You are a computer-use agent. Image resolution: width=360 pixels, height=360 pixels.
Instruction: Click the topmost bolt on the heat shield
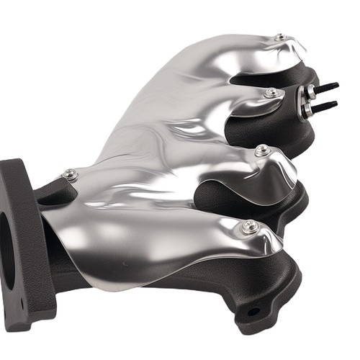[x=279, y=37]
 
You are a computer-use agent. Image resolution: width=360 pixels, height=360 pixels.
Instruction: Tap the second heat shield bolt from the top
[x=271, y=93]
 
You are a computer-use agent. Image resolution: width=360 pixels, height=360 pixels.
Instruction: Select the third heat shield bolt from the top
[x=262, y=150]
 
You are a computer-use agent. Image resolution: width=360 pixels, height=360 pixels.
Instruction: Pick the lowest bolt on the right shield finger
[x=251, y=227]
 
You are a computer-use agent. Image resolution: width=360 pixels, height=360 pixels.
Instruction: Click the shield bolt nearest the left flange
[x=70, y=174]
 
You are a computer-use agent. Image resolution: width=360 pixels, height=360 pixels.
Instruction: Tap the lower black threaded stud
[x=325, y=106]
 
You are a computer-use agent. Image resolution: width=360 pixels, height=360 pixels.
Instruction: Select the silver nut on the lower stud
[x=307, y=110]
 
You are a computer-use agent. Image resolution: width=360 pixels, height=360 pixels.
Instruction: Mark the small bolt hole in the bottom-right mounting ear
[x=253, y=312]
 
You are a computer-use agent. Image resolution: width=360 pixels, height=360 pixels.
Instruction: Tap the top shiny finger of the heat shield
[x=238, y=54]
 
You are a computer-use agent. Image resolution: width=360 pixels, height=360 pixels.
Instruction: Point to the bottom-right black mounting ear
[x=259, y=306]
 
